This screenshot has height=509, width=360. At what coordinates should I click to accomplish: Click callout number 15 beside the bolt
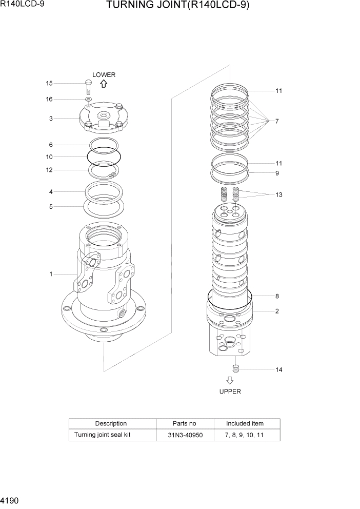coord(49,83)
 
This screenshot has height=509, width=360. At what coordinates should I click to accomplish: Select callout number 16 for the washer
coord(49,99)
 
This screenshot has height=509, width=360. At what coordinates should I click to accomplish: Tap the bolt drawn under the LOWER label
coord(88,87)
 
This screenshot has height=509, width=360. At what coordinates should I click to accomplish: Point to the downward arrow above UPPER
coord(230,381)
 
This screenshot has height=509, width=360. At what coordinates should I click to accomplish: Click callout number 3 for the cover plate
coord(51,119)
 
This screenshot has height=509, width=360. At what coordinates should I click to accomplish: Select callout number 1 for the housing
coord(51,274)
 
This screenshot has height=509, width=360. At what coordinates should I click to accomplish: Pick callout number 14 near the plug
coord(278,369)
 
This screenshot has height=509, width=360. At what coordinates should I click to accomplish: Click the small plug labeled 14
coord(236,368)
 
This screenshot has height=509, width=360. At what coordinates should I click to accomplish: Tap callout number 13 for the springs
coord(278,195)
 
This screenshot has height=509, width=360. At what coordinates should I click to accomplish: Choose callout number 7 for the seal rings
coord(276,122)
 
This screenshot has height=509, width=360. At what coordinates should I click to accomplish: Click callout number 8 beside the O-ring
coord(277,296)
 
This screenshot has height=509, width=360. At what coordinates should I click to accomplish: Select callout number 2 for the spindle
coord(277,311)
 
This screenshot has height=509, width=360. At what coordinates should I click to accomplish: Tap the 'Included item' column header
coord(245,423)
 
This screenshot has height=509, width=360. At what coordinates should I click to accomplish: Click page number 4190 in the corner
coord(10,499)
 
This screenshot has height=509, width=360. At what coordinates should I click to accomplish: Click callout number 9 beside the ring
coord(277,173)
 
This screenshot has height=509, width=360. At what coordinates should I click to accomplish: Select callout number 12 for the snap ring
coord(49,170)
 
